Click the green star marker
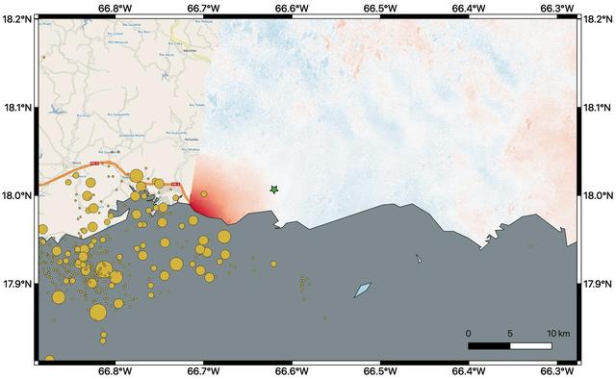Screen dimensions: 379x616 (274, 190)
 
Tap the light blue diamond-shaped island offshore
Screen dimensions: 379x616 (363, 290)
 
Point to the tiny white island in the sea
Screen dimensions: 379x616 (419, 259)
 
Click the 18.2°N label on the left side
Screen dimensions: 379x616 (16, 18)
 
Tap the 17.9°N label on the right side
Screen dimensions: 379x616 (600, 284)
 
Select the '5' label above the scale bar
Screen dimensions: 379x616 (510, 333)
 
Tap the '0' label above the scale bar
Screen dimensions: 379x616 (469, 333)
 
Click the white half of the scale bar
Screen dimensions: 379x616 (531, 344)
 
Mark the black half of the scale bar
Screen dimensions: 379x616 (489, 344)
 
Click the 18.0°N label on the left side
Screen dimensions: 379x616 (16, 195)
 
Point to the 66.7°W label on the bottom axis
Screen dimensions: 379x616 (204, 371)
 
